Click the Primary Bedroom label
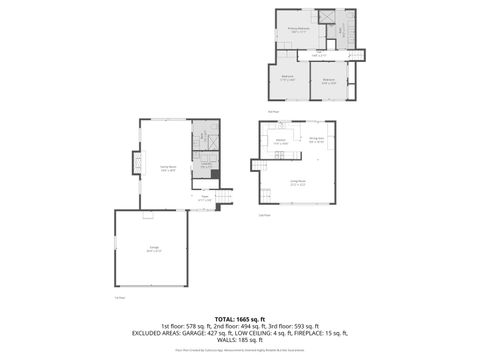point(295,31)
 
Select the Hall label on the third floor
point(319,55)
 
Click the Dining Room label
point(316,139)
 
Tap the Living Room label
point(297,182)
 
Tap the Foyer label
point(204,198)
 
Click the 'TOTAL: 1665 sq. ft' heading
point(239,318)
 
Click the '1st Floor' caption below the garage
point(118,297)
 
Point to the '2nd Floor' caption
point(264,214)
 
